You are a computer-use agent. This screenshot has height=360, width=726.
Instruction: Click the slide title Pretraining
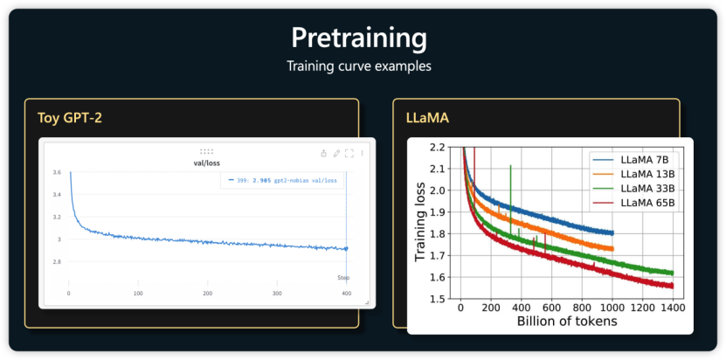click(359, 38)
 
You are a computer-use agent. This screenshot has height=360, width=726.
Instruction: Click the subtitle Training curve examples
click(359, 66)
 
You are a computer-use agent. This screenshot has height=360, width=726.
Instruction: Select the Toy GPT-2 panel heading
click(71, 117)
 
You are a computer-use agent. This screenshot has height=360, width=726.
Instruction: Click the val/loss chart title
click(206, 163)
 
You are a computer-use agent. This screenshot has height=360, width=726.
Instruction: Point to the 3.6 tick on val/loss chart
click(56, 173)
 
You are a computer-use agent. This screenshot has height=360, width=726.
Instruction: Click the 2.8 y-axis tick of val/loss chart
click(56, 262)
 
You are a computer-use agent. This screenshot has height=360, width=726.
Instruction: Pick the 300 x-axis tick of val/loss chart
click(276, 294)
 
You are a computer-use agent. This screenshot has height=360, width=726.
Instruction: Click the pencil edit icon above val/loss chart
click(336, 154)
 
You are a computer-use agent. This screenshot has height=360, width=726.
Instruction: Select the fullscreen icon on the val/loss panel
click(349, 154)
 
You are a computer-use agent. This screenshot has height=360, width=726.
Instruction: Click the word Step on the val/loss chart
click(343, 278)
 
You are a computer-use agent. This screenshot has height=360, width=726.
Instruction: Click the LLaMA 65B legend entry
click(646, 204)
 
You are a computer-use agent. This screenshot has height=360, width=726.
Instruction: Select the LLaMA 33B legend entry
click(646, 189)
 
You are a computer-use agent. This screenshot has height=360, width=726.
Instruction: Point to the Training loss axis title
click(421, 223)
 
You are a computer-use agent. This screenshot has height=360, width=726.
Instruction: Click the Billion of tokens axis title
click(567, 321)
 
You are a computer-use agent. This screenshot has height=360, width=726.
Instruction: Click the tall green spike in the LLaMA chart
click(510, 183)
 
